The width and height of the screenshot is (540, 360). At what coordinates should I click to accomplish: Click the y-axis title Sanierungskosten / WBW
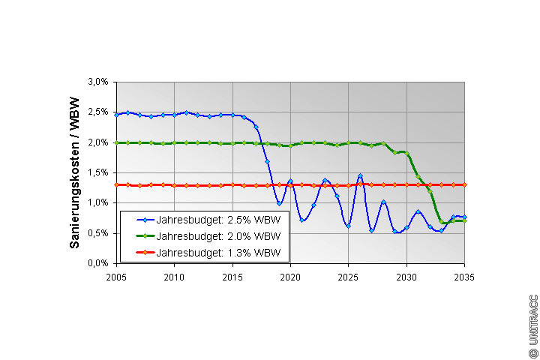tap(75, 172)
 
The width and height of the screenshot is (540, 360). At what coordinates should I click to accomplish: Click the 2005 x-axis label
tap(116, 276)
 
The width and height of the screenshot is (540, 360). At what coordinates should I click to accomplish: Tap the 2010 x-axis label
tap(174, 276)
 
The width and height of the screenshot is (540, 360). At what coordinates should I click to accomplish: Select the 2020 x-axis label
tap(290, 276)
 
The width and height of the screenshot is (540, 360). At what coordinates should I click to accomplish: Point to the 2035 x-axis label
tap(464, 276)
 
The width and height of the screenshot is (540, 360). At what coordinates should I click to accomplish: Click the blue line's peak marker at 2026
tap(360, 176)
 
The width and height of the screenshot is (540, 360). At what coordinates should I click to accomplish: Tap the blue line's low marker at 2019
tap(279, 203)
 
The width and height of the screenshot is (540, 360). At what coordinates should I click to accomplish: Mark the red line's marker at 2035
tap(465, 184)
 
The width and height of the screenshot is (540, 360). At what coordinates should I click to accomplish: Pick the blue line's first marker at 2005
tap(116, 115)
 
